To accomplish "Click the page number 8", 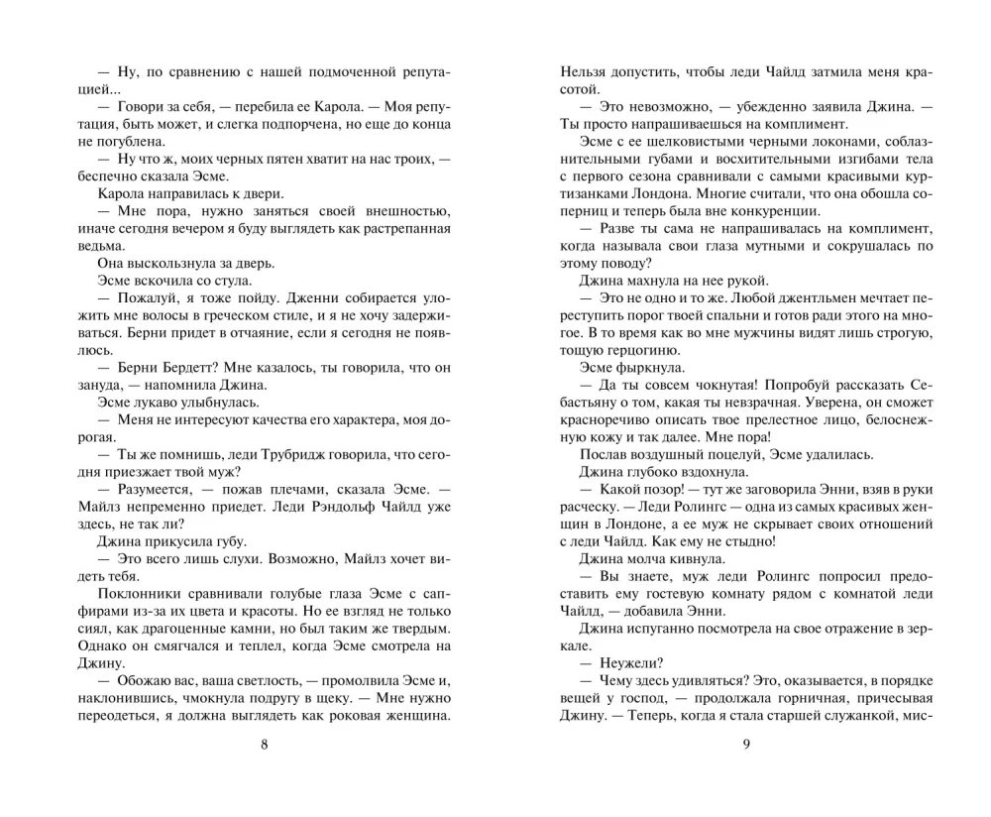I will click(264, 746).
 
